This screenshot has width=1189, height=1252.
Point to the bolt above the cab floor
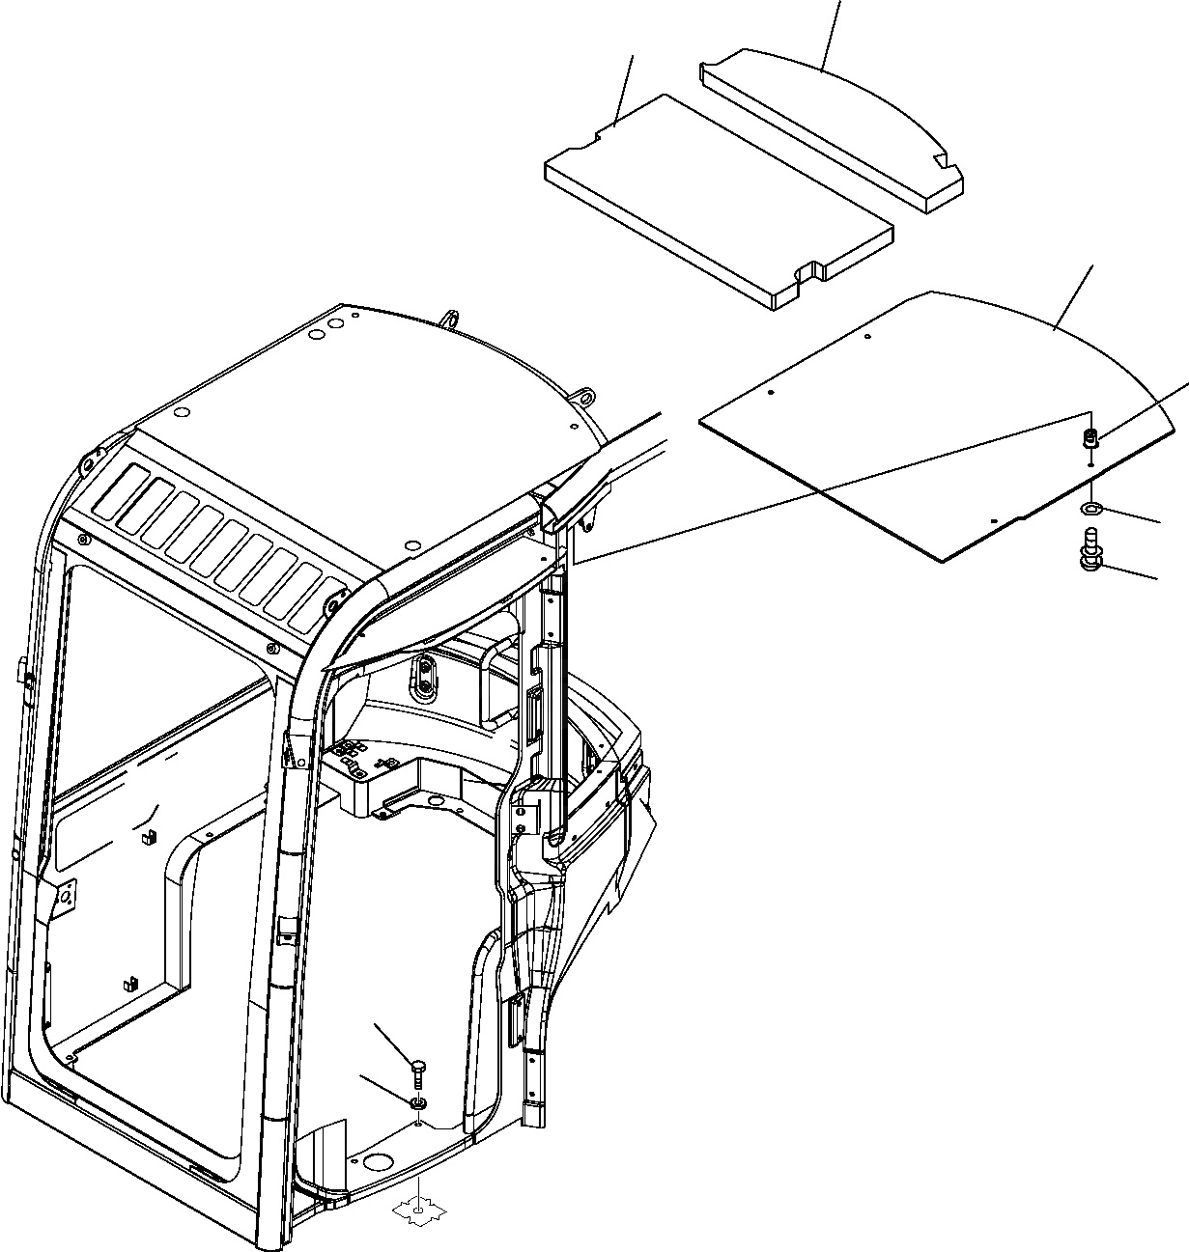tap(417, 1070)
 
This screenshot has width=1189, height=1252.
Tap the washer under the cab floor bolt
tap(417, 1102)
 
